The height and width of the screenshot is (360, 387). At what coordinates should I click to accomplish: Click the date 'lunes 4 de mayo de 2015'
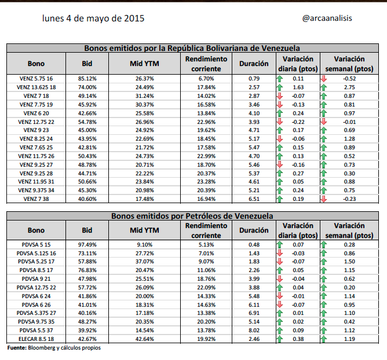tap(93, 19)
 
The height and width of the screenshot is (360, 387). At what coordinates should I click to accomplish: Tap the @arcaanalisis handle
tap(327, 18)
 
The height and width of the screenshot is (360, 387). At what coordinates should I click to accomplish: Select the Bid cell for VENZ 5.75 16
tap(87, 79)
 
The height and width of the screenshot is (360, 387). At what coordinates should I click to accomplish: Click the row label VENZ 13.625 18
tap(36, 87)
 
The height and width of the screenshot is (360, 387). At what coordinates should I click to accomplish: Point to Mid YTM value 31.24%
tap(145, 96)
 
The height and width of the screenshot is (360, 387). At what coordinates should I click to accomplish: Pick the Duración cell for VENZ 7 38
tap(254, 199)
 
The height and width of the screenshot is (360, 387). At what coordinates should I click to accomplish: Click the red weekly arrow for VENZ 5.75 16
tap(324, 79)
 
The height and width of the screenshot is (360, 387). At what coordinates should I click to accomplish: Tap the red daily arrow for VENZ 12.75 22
tap(280, 122)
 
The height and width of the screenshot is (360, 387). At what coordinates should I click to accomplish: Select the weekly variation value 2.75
tap(349, 87)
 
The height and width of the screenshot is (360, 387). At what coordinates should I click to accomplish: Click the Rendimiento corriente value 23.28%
tap(206, 182)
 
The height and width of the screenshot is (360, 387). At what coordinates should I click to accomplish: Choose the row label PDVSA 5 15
tap(36, 245)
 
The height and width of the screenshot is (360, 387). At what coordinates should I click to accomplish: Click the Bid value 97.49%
tap(87, 245)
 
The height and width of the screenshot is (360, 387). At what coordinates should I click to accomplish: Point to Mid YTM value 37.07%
tap(145, 262)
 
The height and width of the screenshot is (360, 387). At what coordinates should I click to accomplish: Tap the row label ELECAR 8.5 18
tap(36, 339)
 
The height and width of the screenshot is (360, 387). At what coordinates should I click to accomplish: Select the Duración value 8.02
tap(254, 330)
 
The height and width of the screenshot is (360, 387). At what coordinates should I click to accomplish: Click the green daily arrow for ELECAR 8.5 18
tap(280, 339)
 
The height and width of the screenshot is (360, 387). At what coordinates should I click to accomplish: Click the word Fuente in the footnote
tap(17, 348)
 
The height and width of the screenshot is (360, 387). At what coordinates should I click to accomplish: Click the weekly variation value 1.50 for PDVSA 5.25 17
tap(349, 262)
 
